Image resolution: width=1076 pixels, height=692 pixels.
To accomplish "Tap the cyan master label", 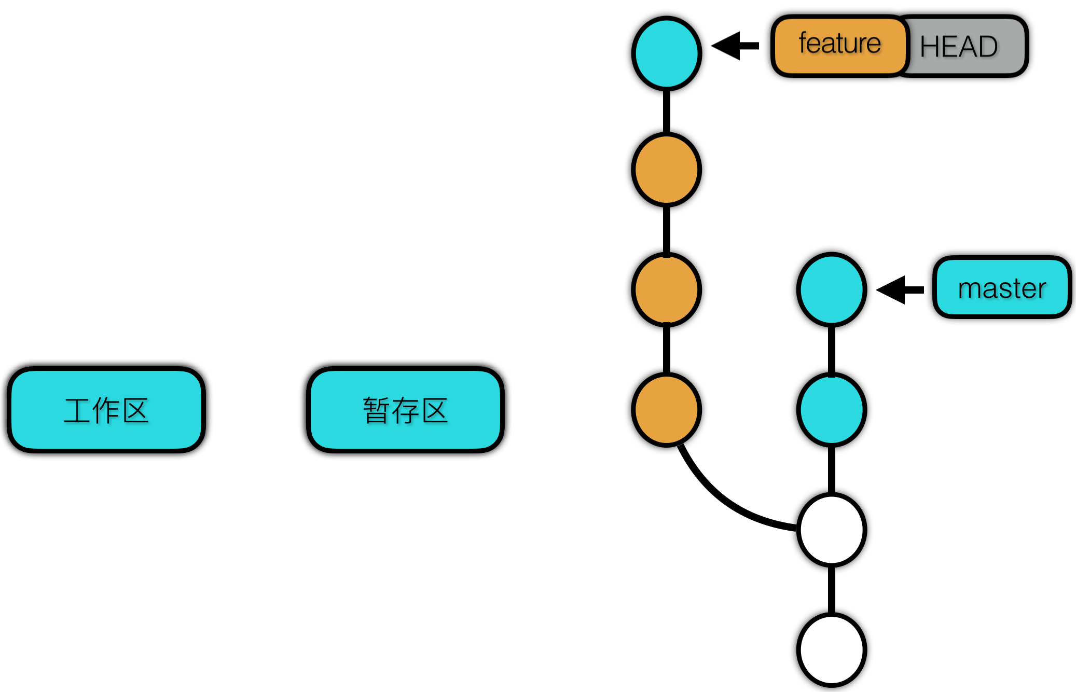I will (1002, 287).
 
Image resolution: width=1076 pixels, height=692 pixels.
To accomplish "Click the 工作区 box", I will (106, 410).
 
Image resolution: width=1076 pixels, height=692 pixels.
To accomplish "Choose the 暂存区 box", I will (405, 410).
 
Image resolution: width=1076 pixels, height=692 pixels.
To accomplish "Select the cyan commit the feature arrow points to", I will (667, 53).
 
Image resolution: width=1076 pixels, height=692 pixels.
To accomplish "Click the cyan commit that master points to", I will (832, 289).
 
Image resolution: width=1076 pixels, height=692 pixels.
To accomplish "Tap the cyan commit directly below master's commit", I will (832, 410).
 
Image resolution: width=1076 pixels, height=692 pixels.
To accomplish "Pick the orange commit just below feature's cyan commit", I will (667, 170).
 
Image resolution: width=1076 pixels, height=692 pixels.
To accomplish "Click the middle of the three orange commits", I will (667, 289).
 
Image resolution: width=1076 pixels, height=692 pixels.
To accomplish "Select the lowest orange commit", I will (667, 410).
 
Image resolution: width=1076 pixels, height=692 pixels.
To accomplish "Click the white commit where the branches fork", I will (832, 530).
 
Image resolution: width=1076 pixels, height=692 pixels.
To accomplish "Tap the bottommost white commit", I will (832, 649).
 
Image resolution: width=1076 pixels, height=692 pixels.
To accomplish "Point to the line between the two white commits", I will (832, 590).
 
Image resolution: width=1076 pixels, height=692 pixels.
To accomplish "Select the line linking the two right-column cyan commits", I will (832, 350).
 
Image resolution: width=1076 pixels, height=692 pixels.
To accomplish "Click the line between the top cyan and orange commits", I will (667, 112).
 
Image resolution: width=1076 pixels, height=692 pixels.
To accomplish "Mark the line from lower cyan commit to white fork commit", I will (832, 470).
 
